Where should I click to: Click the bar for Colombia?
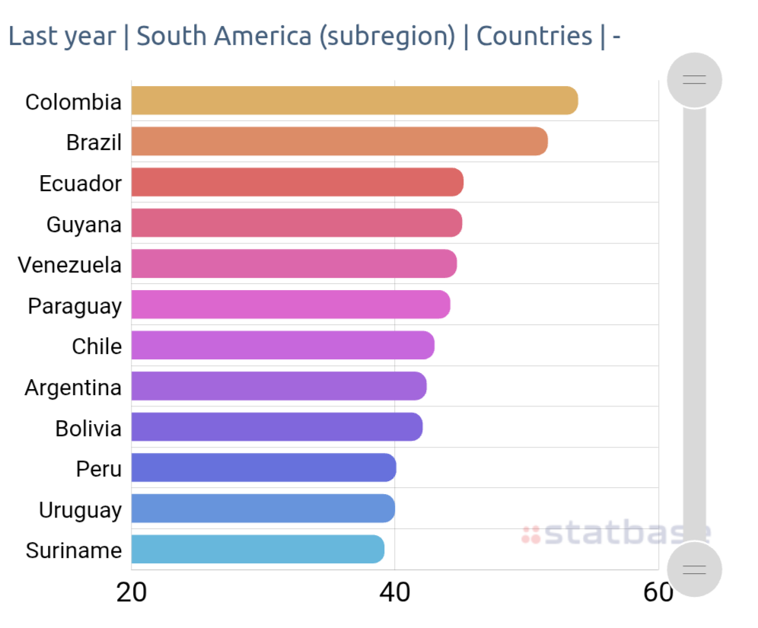(354, 101)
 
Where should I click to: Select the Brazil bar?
(339, 142)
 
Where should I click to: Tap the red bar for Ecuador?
(297, 183)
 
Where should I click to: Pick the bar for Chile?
(282, 346)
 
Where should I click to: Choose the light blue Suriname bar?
(257, 550)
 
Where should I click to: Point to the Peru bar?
(263, 468)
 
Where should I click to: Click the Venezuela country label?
(70, 265)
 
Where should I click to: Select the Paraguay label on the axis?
(75, 306)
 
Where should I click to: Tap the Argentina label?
(73, 387)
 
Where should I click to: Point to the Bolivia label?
(88, 429)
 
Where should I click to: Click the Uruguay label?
(80, 510)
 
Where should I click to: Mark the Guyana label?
(84, 225)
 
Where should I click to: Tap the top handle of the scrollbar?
(694, 79)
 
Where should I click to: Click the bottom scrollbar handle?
(694, 569)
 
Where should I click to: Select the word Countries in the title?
(534, 36)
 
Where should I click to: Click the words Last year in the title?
(62, 36)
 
